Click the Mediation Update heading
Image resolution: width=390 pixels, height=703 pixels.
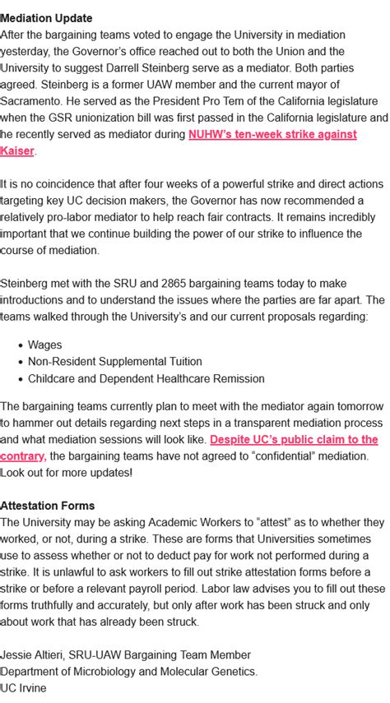point(46,18)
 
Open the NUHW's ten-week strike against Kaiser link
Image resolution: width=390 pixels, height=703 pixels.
point(272,134)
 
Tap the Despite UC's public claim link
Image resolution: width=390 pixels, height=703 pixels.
point(294,439)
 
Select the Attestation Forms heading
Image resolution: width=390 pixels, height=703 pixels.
point(47,506)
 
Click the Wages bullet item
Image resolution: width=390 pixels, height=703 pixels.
point(44,345)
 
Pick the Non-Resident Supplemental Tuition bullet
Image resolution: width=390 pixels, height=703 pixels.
point(114,362)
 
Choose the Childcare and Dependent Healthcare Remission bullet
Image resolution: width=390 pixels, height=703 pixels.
point(146,379)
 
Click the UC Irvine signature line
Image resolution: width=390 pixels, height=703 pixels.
point(23,687)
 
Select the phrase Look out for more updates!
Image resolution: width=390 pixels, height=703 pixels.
point(66,473)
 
